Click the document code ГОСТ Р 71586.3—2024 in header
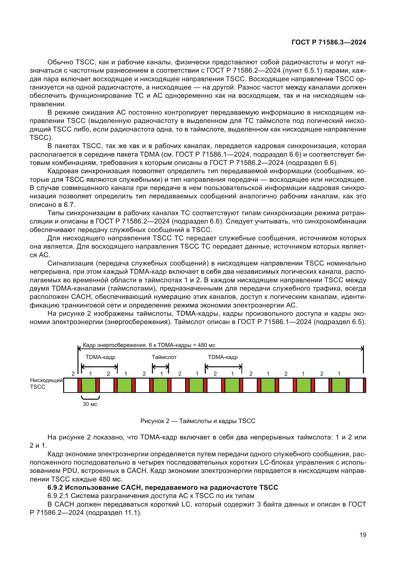[329, 42]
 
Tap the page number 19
[363, 535]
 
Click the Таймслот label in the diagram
[164, 357]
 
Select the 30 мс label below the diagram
[90, 404]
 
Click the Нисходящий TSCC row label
[46, 383]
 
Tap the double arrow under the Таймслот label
[161, 367]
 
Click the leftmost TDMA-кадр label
[100, 357]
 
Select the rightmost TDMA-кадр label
[223, 357]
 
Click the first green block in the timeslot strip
[89, 385]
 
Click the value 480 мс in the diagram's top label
[206, 345]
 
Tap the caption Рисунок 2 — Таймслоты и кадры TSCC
[198, 421]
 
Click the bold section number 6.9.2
[55, 487]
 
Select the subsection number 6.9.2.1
[58, 496]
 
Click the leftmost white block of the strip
[70, 385]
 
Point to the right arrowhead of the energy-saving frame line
[362, 348]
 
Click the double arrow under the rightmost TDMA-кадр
[223, 367]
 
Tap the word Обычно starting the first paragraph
[60, 62]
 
